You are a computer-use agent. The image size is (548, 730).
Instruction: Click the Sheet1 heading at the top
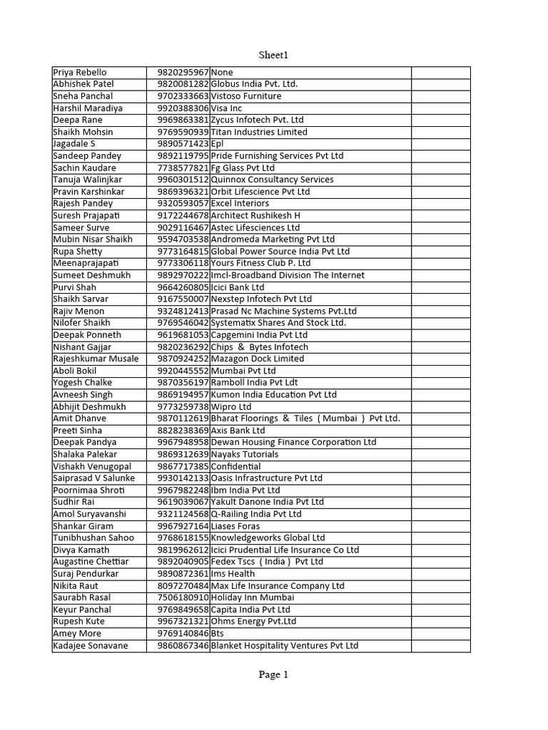[274, 55]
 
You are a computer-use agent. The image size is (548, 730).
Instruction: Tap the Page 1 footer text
[274, 675]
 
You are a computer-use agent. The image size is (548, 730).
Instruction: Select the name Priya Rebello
[80, 72]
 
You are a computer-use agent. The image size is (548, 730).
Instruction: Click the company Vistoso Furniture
[246, 96]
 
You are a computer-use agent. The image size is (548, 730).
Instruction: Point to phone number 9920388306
[183, 108]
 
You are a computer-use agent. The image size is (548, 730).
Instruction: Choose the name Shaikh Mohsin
[83, 132]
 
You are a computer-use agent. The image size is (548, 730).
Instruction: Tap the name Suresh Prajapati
[88, 215]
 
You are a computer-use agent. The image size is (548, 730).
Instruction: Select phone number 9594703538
[183, 240]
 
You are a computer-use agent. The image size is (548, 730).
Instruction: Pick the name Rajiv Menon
[78, 311]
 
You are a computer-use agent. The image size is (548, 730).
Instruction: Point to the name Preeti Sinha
[78, 431]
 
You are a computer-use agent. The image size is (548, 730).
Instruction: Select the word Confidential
[235, 466]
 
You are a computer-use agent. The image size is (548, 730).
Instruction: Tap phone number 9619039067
[183, 502]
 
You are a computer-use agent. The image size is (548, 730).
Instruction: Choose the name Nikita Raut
[76, 585]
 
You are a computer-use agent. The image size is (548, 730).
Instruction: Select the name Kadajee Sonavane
[91, 645]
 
